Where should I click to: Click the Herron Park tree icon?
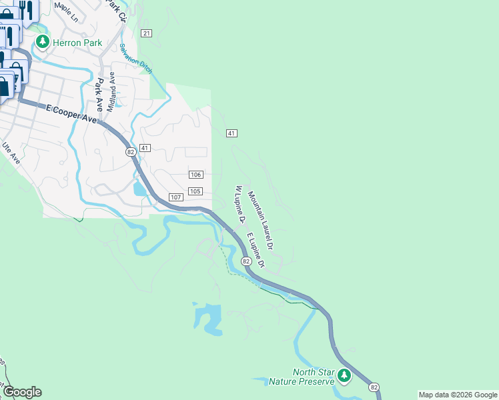[43, 42]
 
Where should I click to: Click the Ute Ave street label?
[12, 154]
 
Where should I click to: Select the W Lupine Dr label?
[239, 205]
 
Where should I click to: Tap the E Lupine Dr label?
[256, 251]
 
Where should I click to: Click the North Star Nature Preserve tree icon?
[344, 376]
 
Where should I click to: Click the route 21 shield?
[147, 33]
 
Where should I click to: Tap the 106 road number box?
[195, 175]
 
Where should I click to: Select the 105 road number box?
[195, 191]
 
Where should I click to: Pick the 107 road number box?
[176, 197]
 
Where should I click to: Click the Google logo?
[22, 392]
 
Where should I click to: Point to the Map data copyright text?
[458, 395]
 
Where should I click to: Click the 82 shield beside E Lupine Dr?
[246, 261]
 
